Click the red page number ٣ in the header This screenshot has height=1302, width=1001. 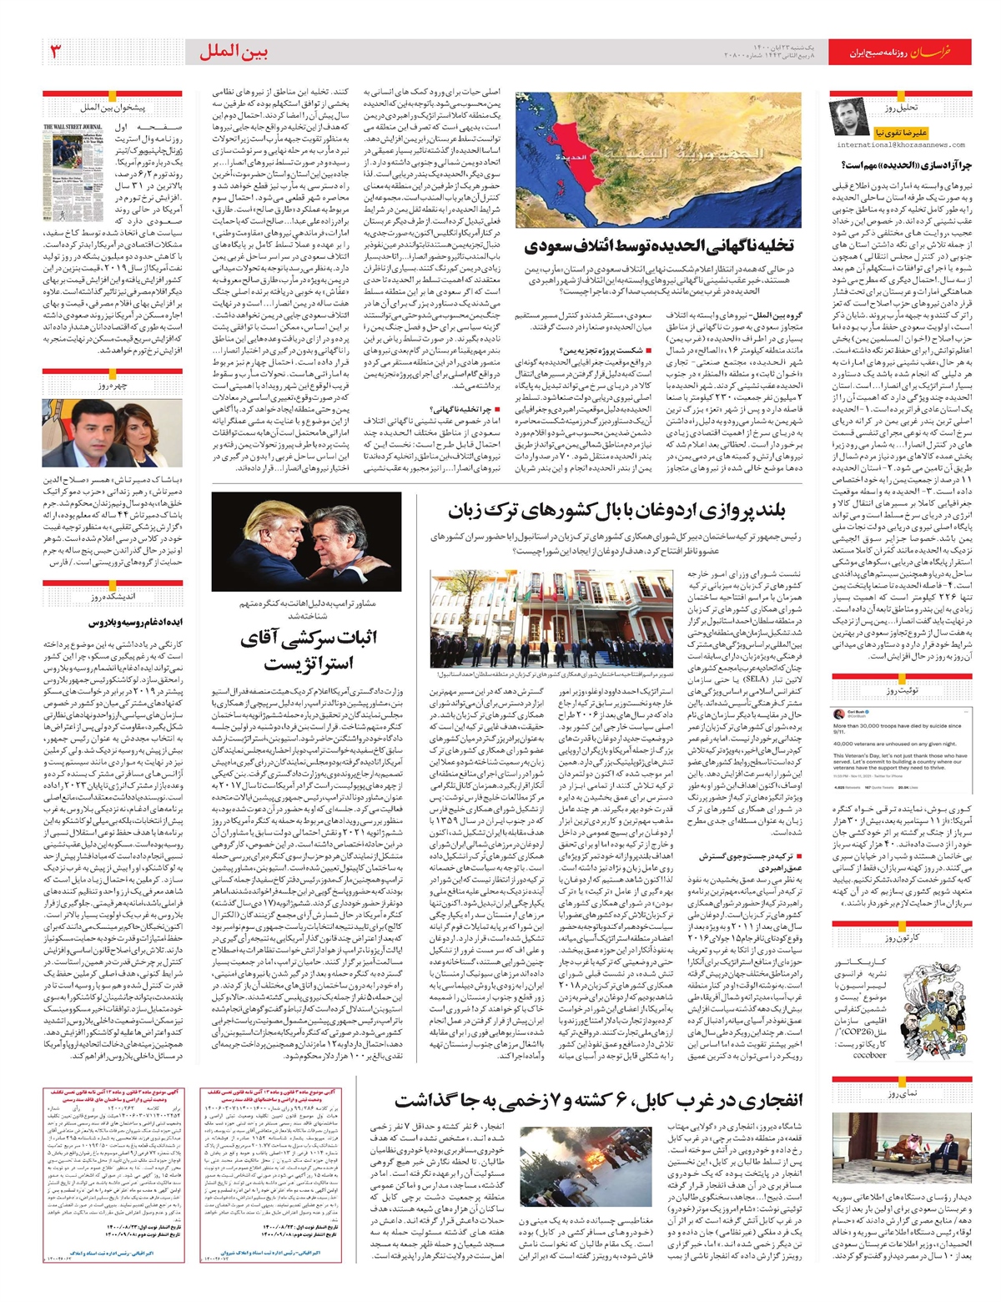pos(56,53)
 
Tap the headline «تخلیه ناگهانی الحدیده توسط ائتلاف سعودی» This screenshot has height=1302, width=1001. pos(659,246)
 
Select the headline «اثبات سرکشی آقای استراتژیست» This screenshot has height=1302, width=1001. pos(309,649)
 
